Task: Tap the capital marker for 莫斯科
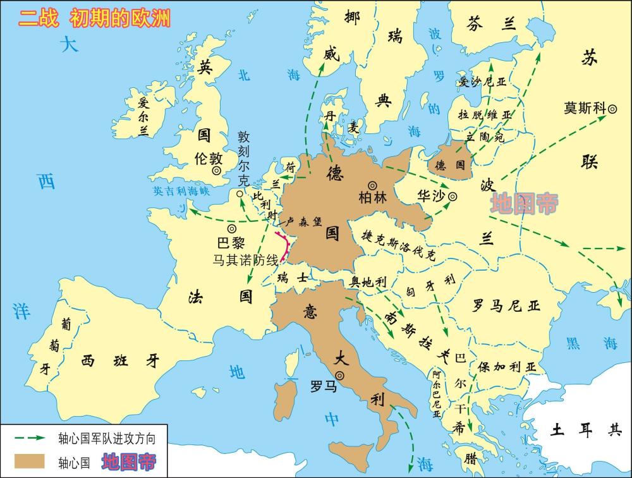point(612,109)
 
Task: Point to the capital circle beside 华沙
point(453,197)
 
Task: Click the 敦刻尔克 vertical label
point(244,159)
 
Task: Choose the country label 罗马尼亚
point(506,307)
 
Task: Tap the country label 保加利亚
point(506,367)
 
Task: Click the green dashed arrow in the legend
point(29,437)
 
